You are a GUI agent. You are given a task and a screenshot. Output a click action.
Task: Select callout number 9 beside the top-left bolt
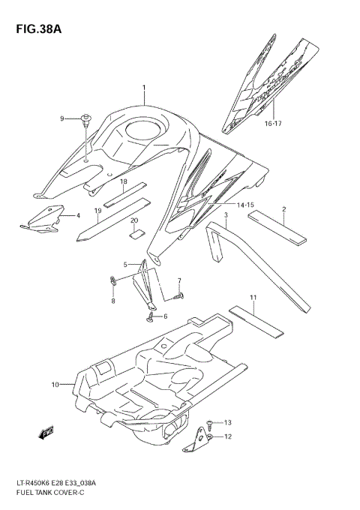click(x=64, y=118)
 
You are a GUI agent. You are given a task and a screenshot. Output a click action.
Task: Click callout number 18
click(x=123, y=182)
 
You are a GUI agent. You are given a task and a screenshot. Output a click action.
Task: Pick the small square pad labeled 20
click(x=135, y=233)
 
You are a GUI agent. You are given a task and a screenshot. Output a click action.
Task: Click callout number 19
click(x=98, y=211)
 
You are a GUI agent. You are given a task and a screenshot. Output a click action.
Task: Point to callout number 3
click(x=225, y=214)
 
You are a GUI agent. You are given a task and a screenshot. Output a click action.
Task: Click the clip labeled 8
click(x=113, y=283)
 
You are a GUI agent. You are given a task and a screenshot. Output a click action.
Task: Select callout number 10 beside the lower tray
click(x=55, y=385)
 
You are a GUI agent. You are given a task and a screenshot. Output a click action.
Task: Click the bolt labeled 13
click(x=212, y=423)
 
